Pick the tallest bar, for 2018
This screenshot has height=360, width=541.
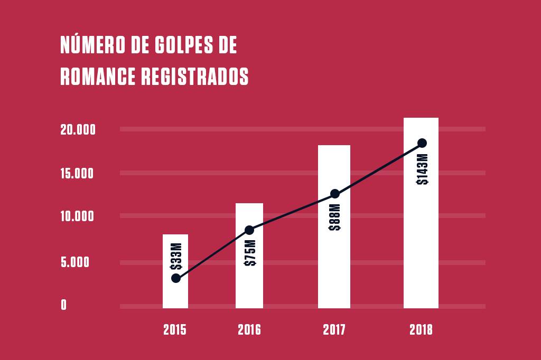tap(421, 238)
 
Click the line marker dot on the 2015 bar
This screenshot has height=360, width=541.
tap(176, 278)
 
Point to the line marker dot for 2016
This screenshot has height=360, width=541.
tap(249, 230)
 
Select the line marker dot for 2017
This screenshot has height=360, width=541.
tap(334, 194)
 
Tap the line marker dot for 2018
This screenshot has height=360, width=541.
tap(422, 143)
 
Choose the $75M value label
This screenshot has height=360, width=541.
tap(250, 252)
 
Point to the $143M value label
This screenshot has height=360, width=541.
tap(422, 169)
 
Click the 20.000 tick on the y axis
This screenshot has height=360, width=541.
tap(78, 130)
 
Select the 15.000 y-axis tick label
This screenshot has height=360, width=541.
tap(78, 174)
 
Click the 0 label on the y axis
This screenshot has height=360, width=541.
tap(64, 305)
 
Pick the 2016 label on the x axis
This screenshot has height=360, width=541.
tap(249, 330)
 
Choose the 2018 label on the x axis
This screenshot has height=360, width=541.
tap(421, 330)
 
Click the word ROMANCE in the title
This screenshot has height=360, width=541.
tap(99, 77)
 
